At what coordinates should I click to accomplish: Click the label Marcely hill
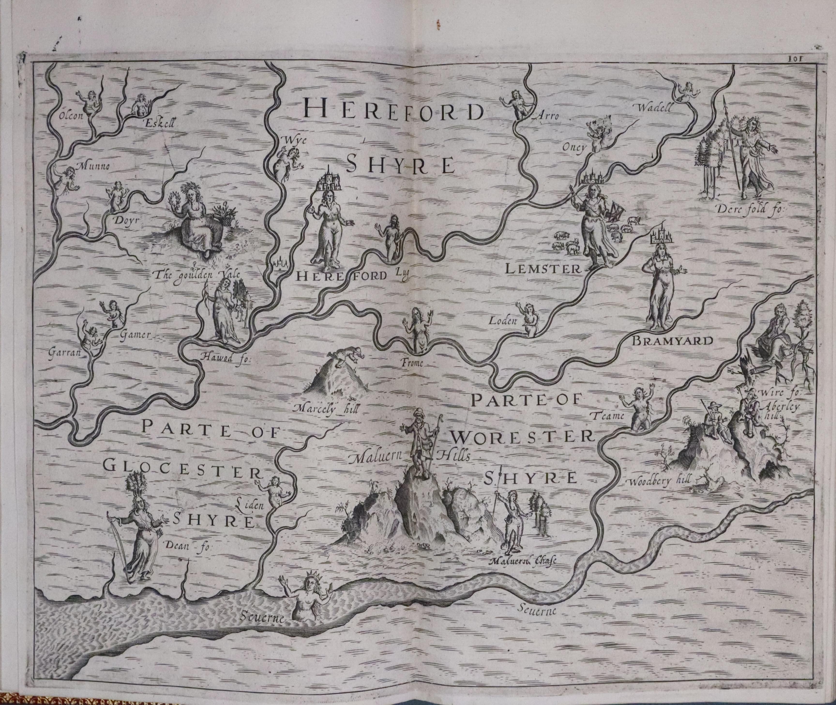(x=326, y=409)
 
